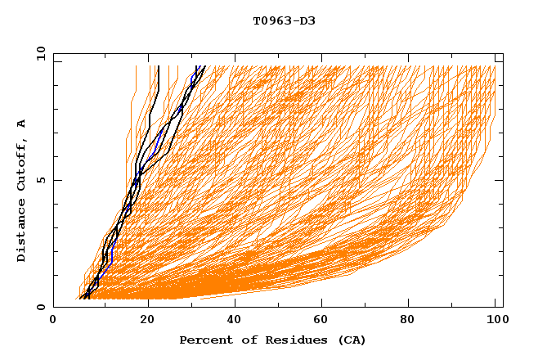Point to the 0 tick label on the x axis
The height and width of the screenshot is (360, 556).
(53, 320)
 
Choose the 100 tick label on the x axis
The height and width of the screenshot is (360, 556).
(495, 320)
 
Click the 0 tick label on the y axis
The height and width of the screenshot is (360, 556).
(40, 308)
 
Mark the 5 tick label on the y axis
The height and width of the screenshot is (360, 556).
(40, 181)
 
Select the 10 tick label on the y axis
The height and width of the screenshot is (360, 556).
(38, 54)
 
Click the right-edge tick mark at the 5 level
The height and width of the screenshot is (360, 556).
(499, 181)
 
